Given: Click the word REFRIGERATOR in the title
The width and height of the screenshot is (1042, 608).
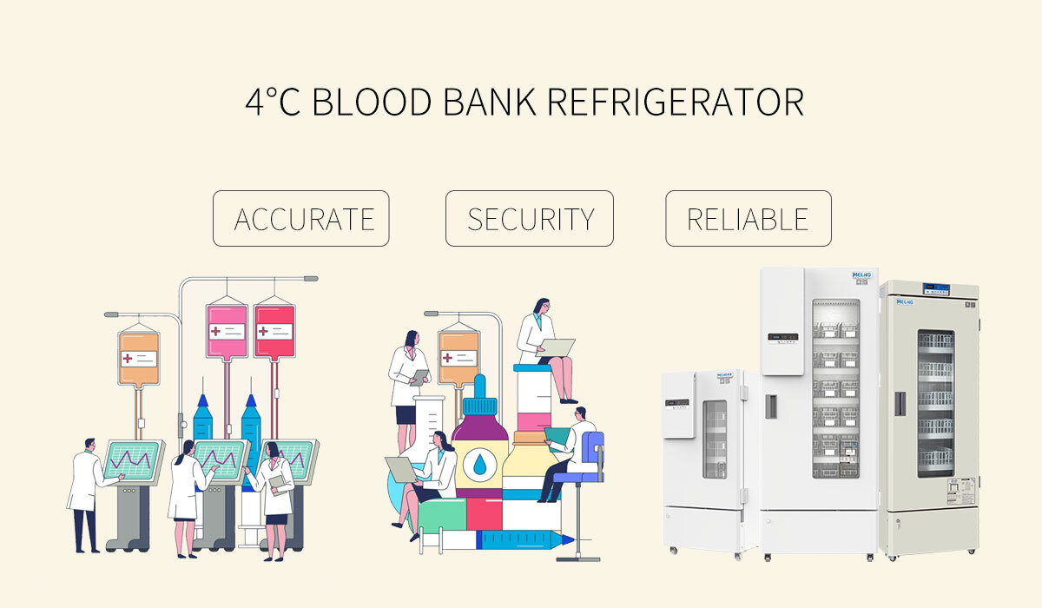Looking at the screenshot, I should coord(676,102).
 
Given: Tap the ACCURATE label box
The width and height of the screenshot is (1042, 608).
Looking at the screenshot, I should coord(301,219).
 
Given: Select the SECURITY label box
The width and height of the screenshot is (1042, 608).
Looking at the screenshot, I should coord(530,219).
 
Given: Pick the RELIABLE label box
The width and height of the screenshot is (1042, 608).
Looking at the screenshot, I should coord(748,219).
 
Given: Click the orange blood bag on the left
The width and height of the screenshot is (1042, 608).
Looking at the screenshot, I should coord(139,355).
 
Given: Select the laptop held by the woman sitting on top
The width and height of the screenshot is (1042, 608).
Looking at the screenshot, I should coord(557,348).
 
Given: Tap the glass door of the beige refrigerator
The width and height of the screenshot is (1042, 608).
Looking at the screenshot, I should coord(935,404).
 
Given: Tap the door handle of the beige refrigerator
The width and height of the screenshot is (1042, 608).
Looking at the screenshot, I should coord(900,403).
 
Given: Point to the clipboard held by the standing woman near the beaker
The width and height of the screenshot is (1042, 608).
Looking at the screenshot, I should coord(420,377).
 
